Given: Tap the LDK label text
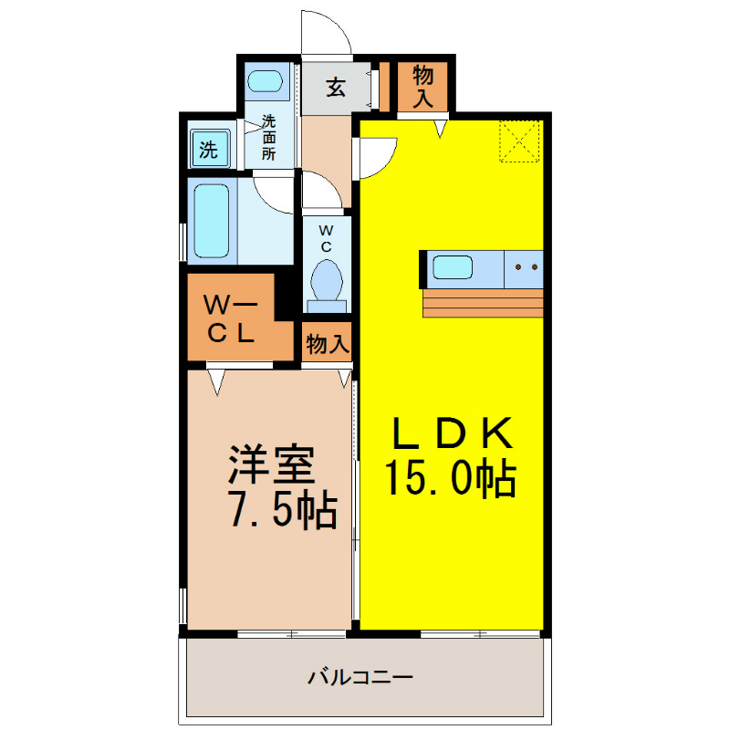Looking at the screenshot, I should pos(453,434).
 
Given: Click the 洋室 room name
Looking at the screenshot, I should pos(271,464).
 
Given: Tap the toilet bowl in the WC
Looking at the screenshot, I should pos(327,279).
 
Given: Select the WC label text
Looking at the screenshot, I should pos(326,239).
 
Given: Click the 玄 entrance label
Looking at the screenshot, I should pos(336,89).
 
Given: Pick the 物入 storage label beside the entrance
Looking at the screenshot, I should pos(422,87).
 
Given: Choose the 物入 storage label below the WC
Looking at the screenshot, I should pos(327,344).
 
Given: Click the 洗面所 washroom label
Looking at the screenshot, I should pos(269,137).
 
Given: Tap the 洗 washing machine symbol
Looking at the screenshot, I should pos(210,149).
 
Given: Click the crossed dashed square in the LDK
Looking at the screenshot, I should pos(521,142).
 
